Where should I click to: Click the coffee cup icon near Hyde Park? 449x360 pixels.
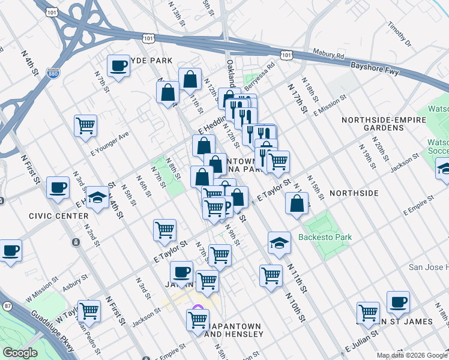pos(118,65)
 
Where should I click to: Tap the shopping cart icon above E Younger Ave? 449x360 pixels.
pos(85,125)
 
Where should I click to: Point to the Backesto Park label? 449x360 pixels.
pos(327,237)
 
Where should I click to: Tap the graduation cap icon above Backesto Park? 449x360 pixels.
pos(279,242)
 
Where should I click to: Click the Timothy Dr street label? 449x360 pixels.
pos(400,36)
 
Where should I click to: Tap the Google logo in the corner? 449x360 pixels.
pos(20,353)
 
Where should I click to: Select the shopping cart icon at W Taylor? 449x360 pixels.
pos(89,310)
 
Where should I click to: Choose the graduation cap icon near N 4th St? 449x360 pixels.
pos(97,197)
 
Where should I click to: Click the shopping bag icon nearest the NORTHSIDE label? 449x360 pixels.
pos(297,203)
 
